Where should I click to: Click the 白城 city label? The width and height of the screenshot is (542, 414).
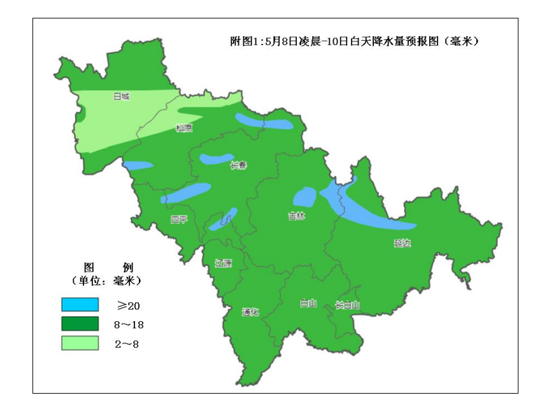121,97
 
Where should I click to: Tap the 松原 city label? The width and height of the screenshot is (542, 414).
184,128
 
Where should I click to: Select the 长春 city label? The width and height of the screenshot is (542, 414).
238,165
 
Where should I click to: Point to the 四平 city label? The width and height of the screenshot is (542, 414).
179,220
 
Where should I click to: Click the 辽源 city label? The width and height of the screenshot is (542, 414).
223,263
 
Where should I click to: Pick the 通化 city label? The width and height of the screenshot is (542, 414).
250,312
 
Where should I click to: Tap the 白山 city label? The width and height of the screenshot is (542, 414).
308,303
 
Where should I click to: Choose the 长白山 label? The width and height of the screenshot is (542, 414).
348,305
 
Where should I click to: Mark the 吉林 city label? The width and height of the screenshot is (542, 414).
297,216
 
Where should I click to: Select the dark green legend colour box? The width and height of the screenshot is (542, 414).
80,324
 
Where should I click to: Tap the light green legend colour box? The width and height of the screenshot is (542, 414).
80,343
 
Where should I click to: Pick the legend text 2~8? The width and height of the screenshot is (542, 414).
127,343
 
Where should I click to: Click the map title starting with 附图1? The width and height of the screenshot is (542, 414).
354,42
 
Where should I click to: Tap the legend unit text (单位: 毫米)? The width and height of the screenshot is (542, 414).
106,280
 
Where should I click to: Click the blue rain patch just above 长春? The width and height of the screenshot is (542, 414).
217,158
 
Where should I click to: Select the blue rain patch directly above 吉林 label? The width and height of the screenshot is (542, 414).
305,197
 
